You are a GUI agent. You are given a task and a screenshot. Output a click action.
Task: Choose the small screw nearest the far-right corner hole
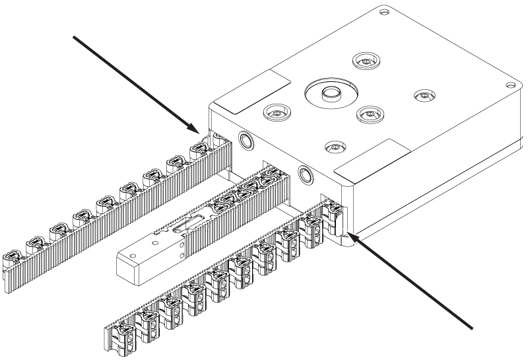422,97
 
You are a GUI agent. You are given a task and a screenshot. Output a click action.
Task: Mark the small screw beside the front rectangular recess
335,145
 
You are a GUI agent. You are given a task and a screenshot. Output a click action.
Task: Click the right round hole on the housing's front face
306,173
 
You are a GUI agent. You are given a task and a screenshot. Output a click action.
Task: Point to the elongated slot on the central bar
180,229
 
